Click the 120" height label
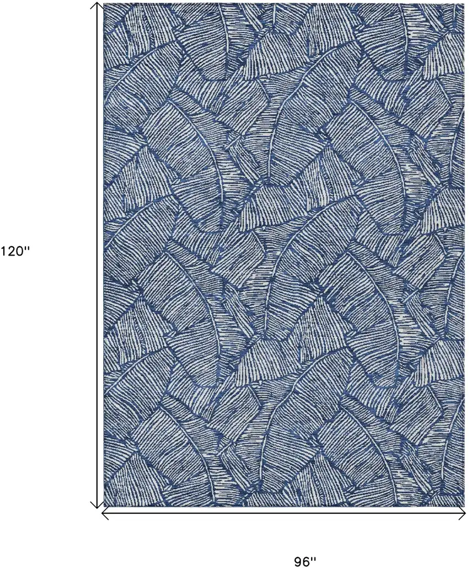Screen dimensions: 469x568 pyautogui.click(x=13, y=251)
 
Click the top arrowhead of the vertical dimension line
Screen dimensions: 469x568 pyautogui.click(x=98, y=5)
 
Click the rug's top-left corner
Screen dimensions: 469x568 pyautogui.click(x=105, y=3)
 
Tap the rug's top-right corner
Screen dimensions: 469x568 pyautogui.click(x=465, y=3)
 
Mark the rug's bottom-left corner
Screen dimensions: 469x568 pyautogui.click(x=105, y=507)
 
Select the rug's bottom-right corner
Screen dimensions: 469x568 pyautogui.click(x=465, y=507)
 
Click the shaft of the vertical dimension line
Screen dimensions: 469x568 pyautogui.click(x=98, y=254)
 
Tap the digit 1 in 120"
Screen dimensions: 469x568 pyautogui.click(x=3, y=251)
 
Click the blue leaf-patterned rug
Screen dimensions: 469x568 pyautogui.click(x=284, y=254)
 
